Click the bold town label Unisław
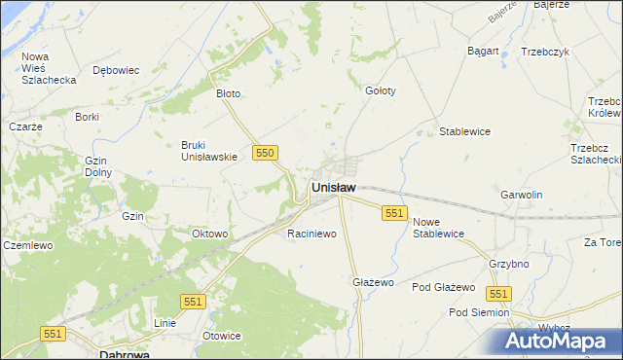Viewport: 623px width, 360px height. click(333, 187)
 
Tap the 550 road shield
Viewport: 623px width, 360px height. click(266, 153)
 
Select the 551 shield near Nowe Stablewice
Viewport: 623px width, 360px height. click(394, 213)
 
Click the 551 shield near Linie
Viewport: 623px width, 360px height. click(193, 303)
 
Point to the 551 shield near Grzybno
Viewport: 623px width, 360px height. click(499, 294)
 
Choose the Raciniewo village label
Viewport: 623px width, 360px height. click(311, 234)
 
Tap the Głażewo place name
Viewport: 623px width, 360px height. click(372, 282)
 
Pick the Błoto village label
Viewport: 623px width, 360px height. click(228, 94)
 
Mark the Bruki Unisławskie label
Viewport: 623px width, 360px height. click(209, 151)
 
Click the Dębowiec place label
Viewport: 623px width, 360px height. click(116, 70)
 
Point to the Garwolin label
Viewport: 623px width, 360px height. click(521, 195)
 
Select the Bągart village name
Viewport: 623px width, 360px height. click(483, 51)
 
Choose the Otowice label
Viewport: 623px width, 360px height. click(221, 336)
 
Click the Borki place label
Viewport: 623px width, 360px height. click(87, 117)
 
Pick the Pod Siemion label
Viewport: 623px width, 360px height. click(478, 312)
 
